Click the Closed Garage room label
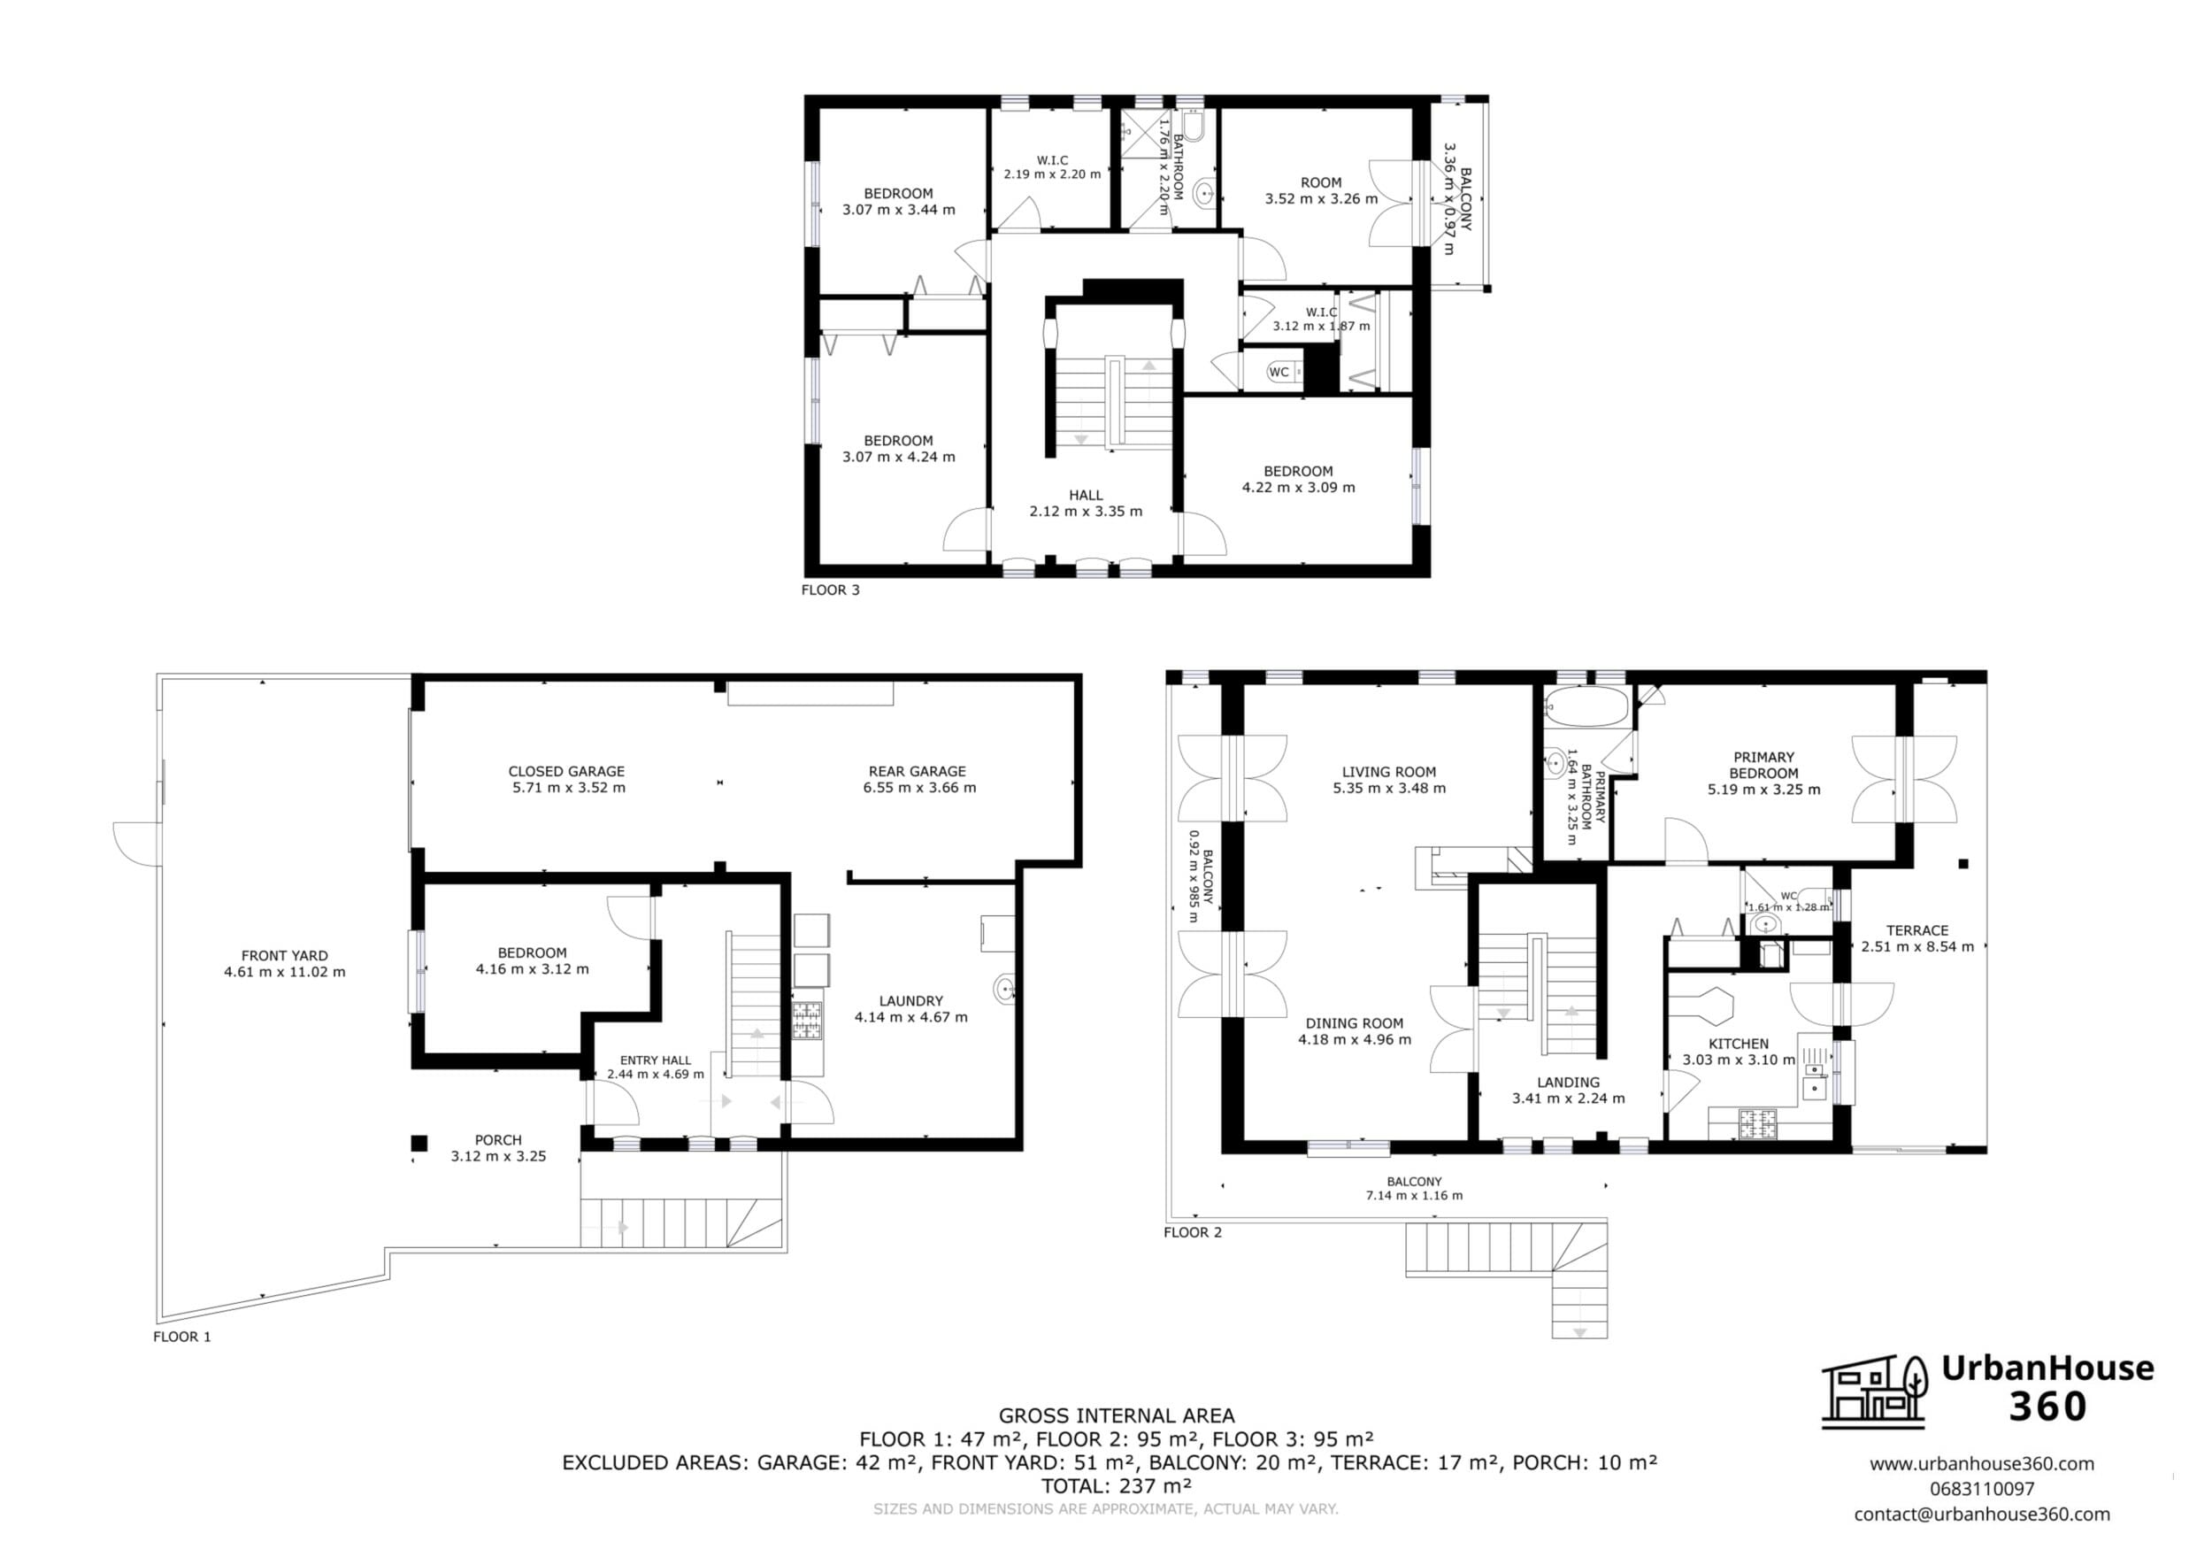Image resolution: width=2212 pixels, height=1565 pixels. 566,779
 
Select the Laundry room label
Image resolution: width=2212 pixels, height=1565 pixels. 910,1008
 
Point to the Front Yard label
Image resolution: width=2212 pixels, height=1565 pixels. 284,964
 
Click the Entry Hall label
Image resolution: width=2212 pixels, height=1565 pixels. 655,1067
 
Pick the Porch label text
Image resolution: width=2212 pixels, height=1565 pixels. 498,1148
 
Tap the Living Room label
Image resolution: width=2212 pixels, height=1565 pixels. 1388,780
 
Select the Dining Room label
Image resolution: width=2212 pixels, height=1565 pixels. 1354,1031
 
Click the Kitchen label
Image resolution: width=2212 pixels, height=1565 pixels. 1738,1052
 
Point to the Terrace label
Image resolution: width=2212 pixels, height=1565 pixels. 1916,937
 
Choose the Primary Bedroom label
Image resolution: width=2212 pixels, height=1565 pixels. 1763,773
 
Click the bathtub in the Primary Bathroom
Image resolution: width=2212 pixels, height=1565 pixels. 1586,706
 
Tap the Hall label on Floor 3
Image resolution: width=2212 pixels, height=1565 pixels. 1086,503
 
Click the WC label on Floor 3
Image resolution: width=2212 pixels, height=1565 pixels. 1279,372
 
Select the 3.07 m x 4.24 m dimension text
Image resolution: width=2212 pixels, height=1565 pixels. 899,457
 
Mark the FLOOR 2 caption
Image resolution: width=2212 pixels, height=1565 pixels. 1193,1232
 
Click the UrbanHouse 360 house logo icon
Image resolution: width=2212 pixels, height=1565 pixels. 1874,1391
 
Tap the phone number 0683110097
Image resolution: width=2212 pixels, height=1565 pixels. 1982,1489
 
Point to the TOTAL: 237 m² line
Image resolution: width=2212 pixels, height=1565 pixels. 1117,1486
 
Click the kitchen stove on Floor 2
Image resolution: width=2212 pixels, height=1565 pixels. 1756,1122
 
